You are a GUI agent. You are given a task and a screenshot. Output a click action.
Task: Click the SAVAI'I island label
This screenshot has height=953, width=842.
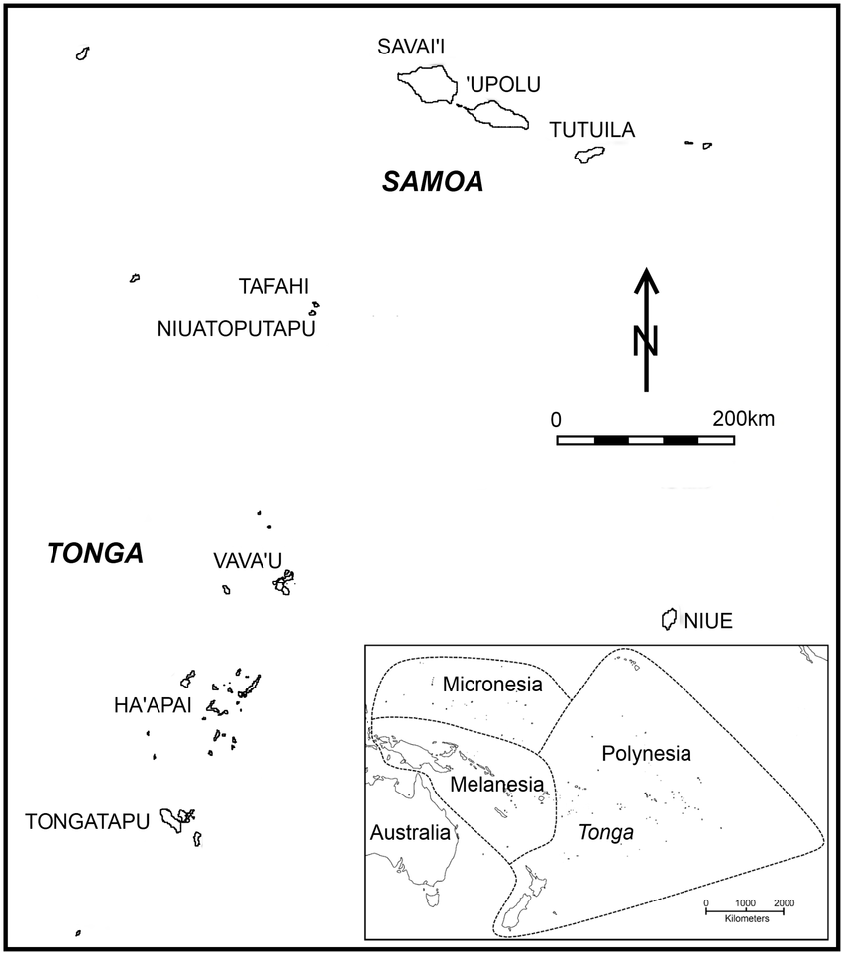[x=414, y=48]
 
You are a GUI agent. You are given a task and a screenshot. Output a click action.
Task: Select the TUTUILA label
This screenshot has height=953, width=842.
[x=591, y=130]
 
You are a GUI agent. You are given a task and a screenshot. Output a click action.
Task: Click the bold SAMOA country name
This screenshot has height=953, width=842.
[x=433, y=182]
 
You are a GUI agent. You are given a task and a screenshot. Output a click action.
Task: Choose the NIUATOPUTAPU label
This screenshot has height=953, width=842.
[x=236, y=329]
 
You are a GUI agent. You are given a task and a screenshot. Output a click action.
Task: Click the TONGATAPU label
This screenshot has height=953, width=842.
[x=87, y=821]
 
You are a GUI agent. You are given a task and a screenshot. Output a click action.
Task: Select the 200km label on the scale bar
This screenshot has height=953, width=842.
[x=743, y=418]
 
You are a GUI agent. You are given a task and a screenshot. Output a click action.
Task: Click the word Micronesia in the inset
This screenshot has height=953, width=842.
[x=492, y=684]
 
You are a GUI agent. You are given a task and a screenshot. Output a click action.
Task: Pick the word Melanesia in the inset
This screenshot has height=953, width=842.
[x=496, y=784]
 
